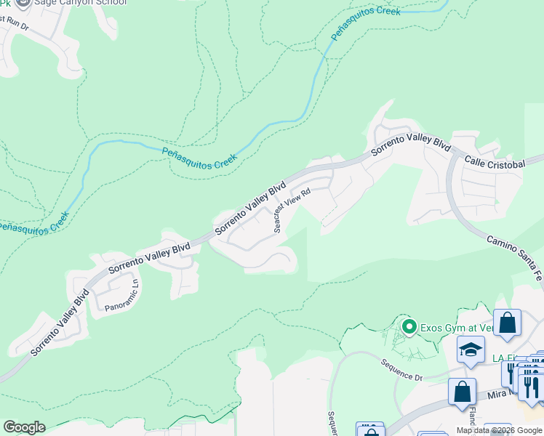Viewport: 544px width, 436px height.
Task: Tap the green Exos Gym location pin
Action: (409, 328)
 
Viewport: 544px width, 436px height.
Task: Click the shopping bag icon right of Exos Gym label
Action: (508, 323)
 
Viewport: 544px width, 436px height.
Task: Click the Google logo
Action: (23, 427)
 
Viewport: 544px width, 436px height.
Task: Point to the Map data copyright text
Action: (499, 430)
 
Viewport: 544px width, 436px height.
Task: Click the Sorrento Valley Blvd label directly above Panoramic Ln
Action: (149, 259)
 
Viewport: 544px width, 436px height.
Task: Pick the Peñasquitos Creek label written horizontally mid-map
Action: (199, 158)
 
